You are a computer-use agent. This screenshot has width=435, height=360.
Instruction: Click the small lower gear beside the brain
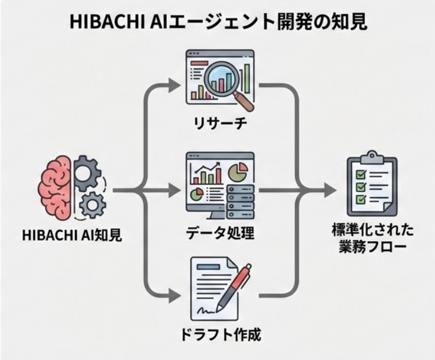pos(91,204)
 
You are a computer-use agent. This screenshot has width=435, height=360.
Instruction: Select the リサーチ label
pos(219,123)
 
